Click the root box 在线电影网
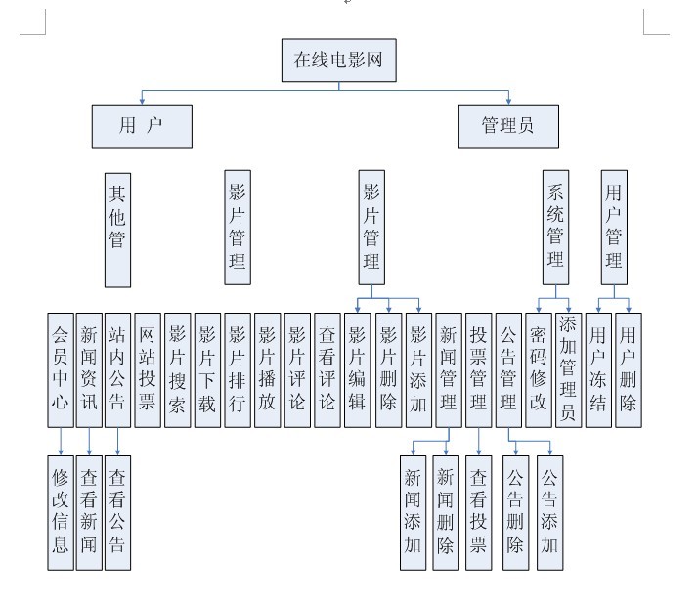click(x=339, y=61)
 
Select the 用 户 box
click(x=142, y=126)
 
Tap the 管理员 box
click(x=507, y=126)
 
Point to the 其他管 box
click(x=117, y=231)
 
